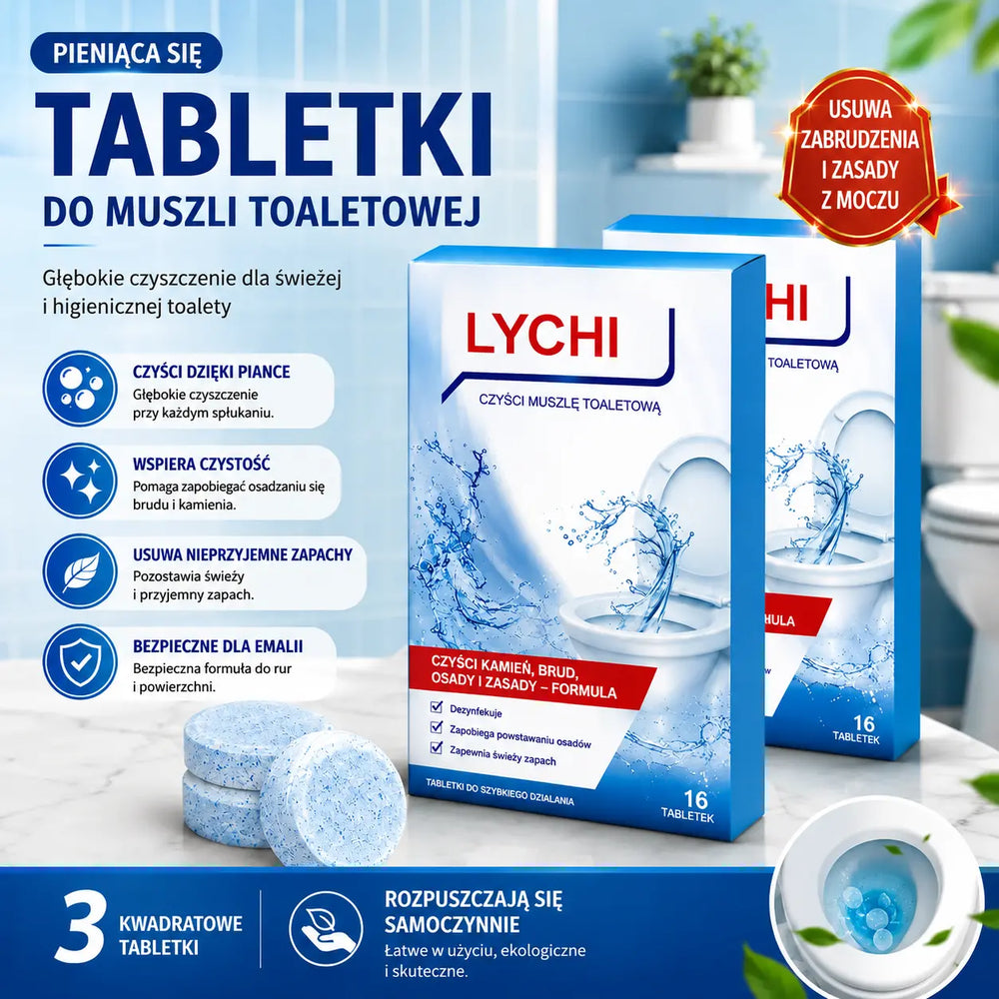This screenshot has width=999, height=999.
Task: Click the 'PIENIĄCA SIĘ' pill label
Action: [x=126, y=52]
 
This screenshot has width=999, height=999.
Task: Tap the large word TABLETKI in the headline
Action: [x=264, y=136]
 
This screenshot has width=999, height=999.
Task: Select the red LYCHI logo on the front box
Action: [x=541, y=334]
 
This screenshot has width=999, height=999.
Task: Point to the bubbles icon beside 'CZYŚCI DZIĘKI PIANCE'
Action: [x=80, y=388]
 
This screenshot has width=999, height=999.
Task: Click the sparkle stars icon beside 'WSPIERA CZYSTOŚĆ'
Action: [x=80, y=481]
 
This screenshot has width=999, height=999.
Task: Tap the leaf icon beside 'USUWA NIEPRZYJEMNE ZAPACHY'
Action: [x=80, y=571]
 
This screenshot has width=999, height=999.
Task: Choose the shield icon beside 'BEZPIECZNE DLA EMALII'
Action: [x=80, y=662]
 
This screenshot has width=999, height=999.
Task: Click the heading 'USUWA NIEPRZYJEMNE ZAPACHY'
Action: [x=242, y=554]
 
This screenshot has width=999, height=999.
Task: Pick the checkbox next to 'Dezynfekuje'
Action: [x=437, y=706]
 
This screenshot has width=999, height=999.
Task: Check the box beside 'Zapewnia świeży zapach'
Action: [x=437, y=746]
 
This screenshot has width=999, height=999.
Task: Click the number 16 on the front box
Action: [x=695, y=798]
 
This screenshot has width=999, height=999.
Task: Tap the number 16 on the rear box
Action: [x=864, y=723]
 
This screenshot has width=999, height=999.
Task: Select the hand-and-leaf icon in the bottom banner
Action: [x=326, y=928]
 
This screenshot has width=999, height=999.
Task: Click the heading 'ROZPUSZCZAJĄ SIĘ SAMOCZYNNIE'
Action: [x=474, y=912]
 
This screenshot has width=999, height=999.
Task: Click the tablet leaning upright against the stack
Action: [x=333, y=797]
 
